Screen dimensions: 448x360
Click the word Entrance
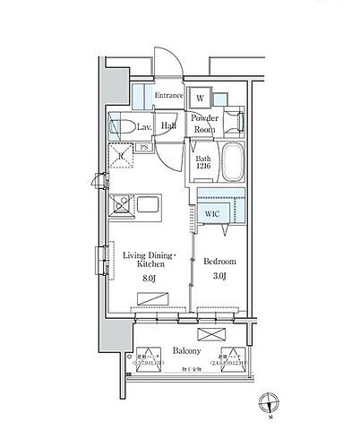coord(168,96)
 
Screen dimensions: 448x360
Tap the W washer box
coord(201,98)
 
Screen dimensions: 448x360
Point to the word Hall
coord(167,126)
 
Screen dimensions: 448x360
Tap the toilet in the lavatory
coord(124,125)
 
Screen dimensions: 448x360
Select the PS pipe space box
coord(144,148)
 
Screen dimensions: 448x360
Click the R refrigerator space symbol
coord(121,155)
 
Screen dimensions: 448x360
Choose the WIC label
coord(211,214)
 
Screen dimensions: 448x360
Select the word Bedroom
coord(219,262)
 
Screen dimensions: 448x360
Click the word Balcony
coord(185,352)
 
